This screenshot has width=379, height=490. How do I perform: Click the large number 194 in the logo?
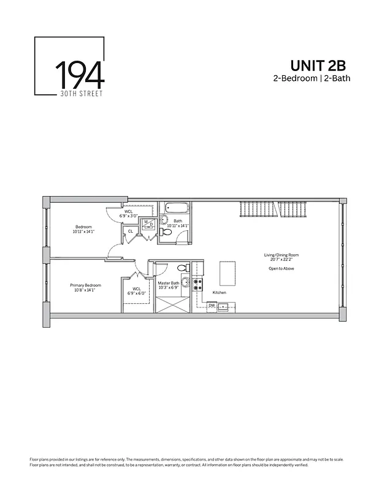pyautogui.click(x=80, y=75)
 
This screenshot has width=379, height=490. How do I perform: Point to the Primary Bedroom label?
pyautogui.click(x=85, y=285)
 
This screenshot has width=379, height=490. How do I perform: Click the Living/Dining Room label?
pyautogui.click(x=283, y=255)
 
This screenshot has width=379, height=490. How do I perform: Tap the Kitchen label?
pyautogui.click(x=219, y=293)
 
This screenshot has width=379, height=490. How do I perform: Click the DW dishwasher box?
pyautogui.click(x=212, y=305)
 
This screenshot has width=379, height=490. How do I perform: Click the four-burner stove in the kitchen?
pyautogui.click(x=198, y=285)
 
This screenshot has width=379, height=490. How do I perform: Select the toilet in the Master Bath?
pyautogui.click(x=182, y=268)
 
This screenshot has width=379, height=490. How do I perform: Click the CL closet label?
pyautogui.click(x=130, y=232)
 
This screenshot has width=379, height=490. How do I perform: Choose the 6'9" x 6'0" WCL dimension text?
pyautogui.click(x=137, y=293)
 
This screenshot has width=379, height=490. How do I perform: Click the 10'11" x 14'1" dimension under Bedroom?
pyautogui.click(x=84, y=232)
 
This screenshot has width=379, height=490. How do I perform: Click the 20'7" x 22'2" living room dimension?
pyautogui.click(x=283, y=260)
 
